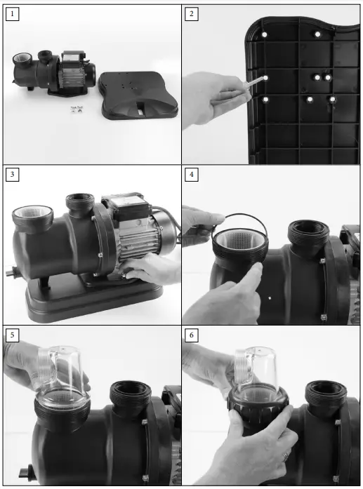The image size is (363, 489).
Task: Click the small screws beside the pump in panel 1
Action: click(x=75, y=109)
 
